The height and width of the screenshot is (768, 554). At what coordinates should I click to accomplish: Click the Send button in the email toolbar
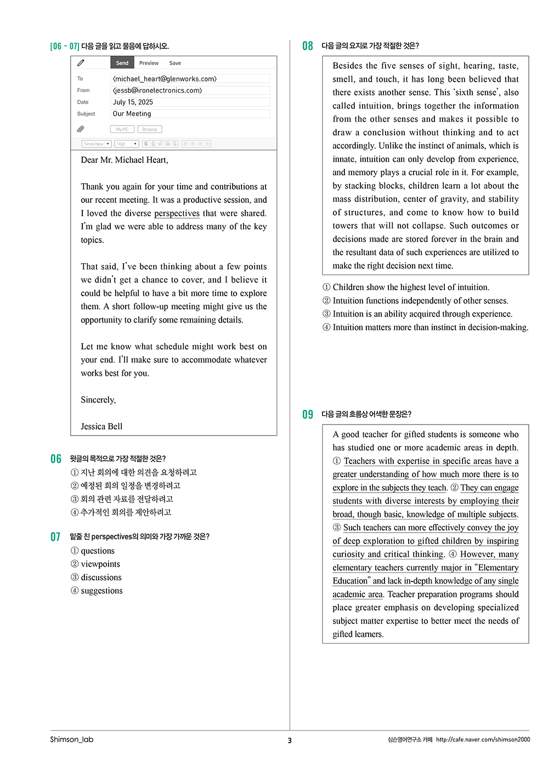pyautogui.click(x=122, y=63)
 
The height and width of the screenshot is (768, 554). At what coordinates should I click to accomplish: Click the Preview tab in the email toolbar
pyautogui.click(x=149, y=63)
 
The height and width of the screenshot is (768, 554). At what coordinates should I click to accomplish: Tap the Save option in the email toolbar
pyautogui.click(x=175, y=63)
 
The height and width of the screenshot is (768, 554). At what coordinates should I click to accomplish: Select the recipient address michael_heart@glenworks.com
pyautogui.click(x=165, y=79)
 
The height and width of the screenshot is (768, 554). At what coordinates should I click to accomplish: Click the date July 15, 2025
pyautogui.click(x=133, y=102)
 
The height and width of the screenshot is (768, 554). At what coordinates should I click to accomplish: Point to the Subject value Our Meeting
pyautogui.click(x=132, y=114)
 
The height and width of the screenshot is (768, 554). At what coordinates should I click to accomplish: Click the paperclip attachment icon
pyautogui.click(x=81, y=129)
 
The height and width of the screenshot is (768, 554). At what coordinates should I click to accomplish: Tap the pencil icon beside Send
pyautogui.click(x=81, y=63)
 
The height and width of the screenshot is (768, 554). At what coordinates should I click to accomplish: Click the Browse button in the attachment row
pyautogui.click(x=150, y=129)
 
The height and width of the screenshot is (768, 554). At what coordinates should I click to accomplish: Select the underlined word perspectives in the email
pyautogui.click(x=177, y=213)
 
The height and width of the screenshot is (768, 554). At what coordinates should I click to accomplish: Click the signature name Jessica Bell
pyautogui.click(x=101, y=427)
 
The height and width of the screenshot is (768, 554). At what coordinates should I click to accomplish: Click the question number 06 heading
pyautogui.click(x=56, y=459)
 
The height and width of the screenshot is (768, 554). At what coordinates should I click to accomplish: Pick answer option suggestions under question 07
pyautogui.click(x=101, y=591)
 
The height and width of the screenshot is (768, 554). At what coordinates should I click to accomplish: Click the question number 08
pyautogui.click(x=308, y=46)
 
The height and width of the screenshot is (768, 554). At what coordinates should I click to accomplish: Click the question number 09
pyautogui.click(x=308, y=415)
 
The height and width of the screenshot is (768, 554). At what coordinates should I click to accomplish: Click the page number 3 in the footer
pyautogui.click(x=290, y=741)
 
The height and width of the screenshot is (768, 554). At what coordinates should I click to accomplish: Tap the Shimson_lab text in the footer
pyautogui.click(x=72, y=739)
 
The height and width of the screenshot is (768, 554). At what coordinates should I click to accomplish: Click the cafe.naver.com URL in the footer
pyautogui.click(x=483, y=739)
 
